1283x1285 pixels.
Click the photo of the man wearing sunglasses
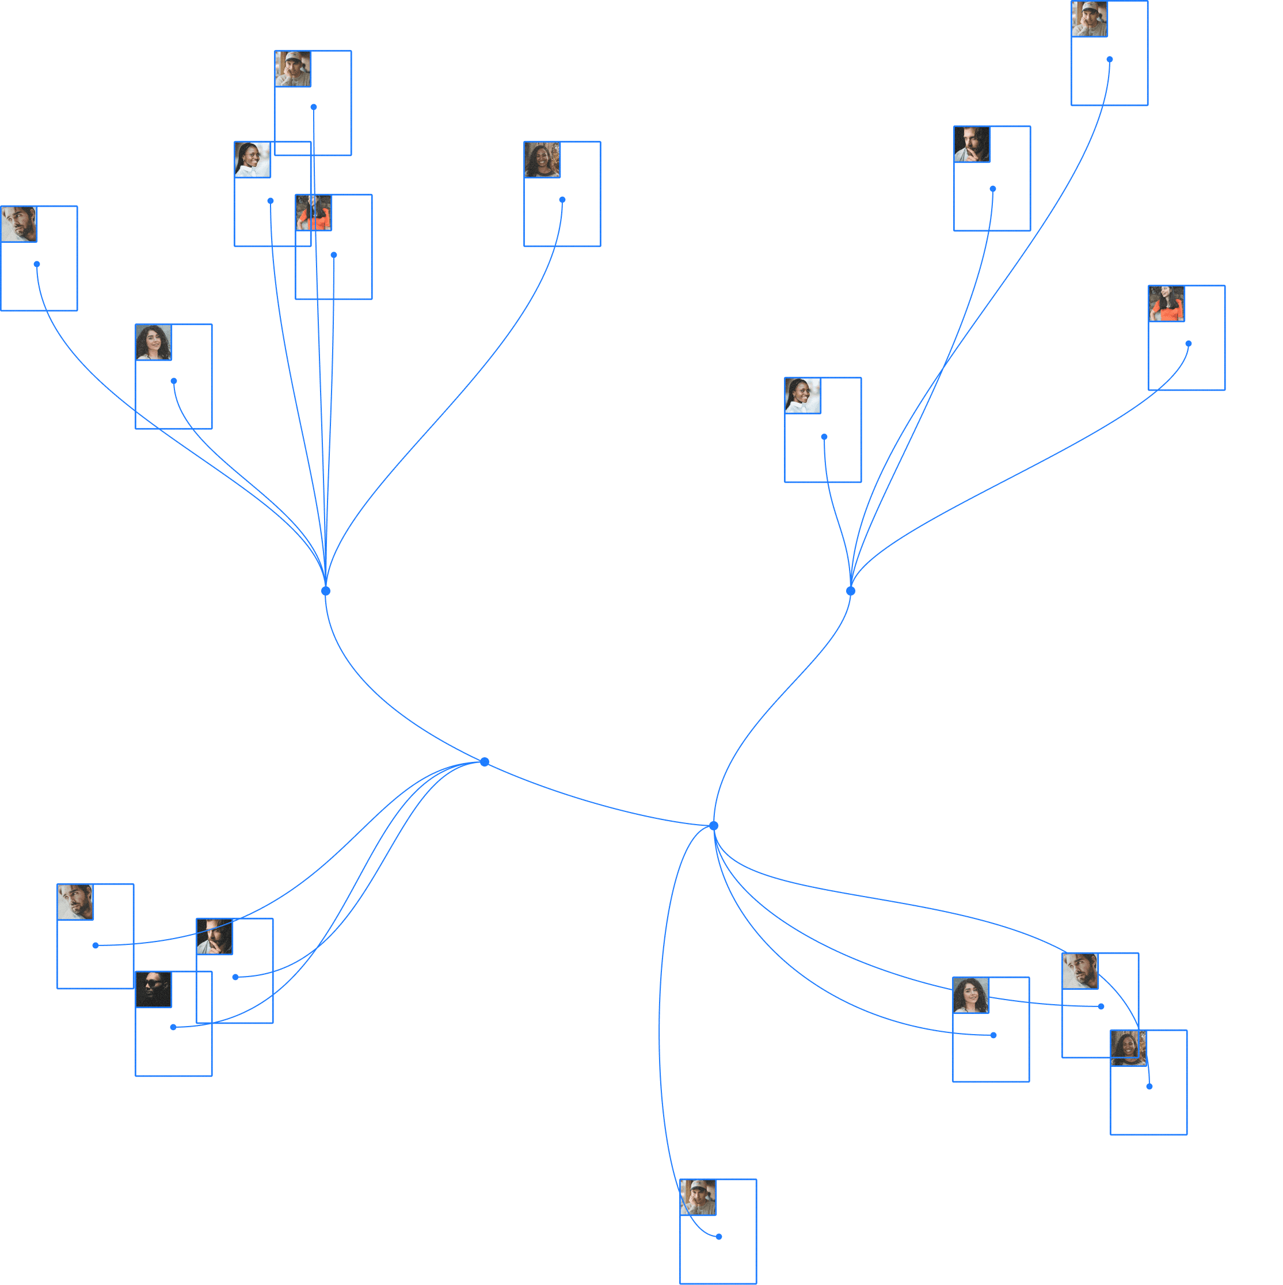(x=154, y=989)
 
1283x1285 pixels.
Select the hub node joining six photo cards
(x=326, y=590)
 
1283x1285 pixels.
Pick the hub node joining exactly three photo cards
(x=485, y=761)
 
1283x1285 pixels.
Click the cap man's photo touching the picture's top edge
(x=1090, y=18)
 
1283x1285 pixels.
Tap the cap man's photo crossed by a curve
(x=698, y=1197)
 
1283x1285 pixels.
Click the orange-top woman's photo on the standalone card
(x=1167, y=304)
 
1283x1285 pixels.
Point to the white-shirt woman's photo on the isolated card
(x=803, y=396)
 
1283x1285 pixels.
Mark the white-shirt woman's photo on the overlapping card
(x=253, y=159)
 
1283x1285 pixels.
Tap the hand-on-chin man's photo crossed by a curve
(x=215, y=936)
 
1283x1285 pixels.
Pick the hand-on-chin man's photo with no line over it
(x=972, y=144)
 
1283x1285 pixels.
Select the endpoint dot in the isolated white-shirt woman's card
(x=824, y=437)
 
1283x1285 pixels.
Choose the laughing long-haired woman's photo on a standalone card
(x=542, y=159)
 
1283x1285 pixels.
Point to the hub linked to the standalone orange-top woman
(x=851, y=590)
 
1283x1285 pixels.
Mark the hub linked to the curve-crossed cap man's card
(x=714, y=825)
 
